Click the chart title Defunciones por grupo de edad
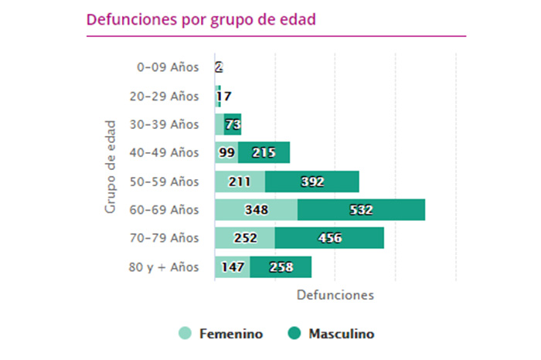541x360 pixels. (x=202, y=19)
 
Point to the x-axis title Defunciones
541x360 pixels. (x=335, y=295)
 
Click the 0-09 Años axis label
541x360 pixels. (x=168, y=67)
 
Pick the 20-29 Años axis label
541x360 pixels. (x=164, y=96)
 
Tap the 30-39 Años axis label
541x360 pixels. (x=164, y=124)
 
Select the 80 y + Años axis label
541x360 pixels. (x=164, y=267)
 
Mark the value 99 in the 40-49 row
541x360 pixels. (x=227, y=153)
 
